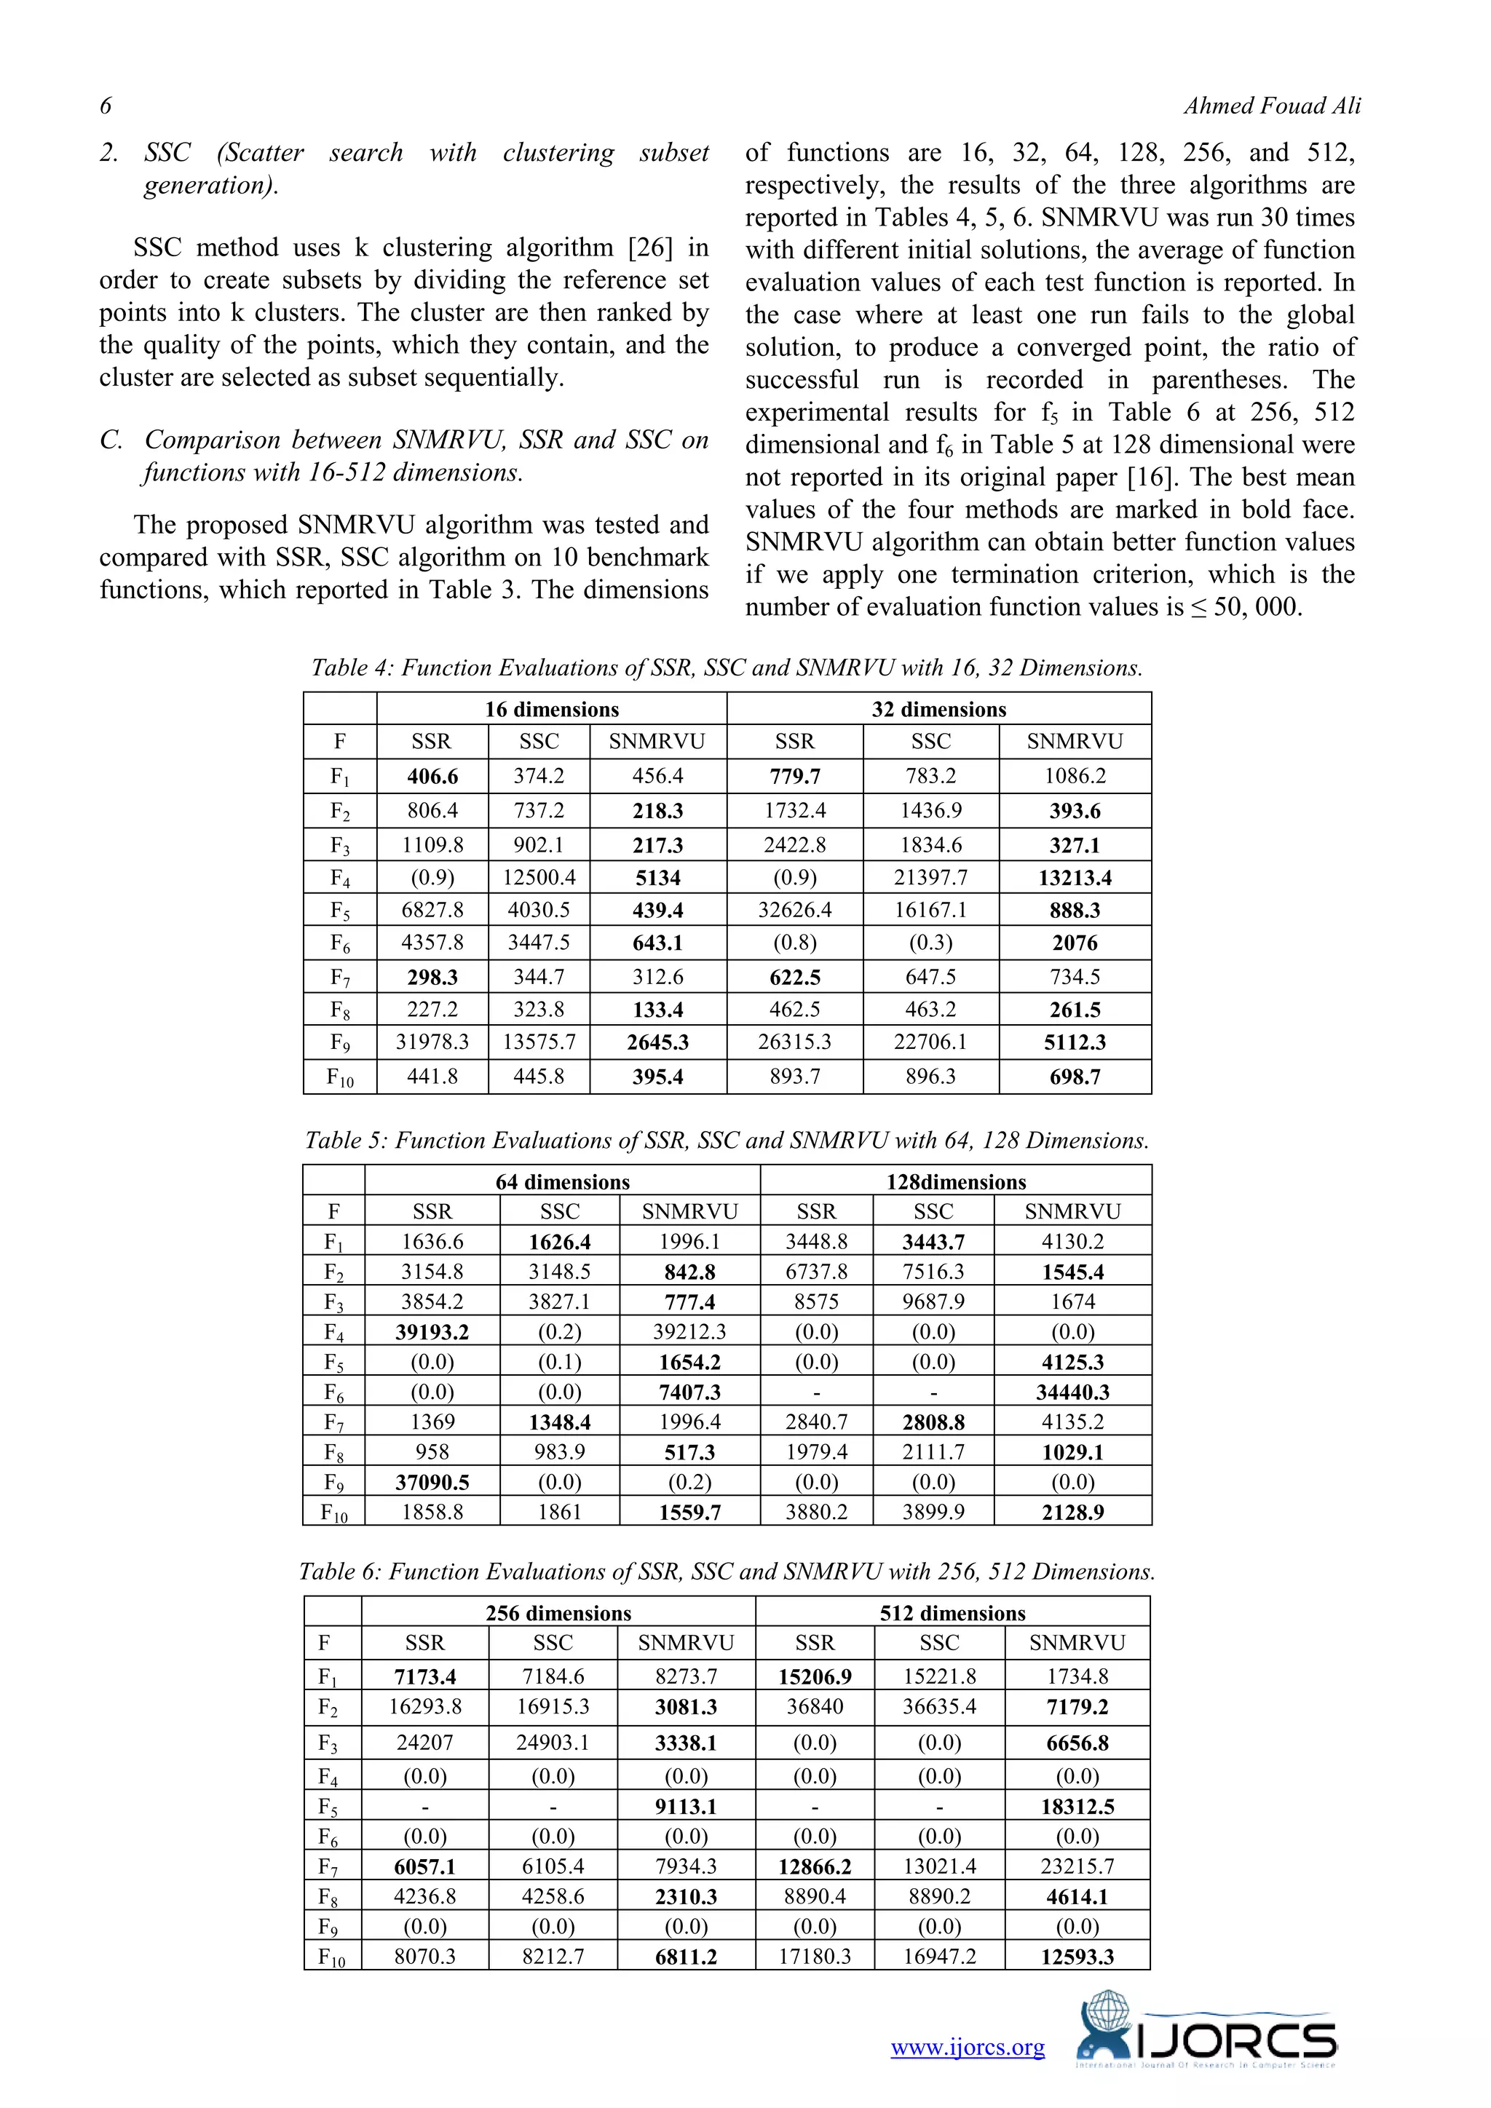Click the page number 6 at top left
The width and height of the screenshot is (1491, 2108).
coord(106,106)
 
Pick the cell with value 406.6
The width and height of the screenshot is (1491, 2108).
coord(432,776)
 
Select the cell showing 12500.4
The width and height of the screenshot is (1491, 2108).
coord(539,878)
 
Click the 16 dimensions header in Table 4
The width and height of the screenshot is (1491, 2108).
coord(552,709)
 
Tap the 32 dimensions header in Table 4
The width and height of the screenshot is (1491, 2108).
coord(938,709)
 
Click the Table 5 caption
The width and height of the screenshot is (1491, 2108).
coord(727,1141)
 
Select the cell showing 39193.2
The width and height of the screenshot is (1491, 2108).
coord(432,1331)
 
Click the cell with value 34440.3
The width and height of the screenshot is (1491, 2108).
coord(1072,1392)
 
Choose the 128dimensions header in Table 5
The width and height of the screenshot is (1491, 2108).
coord(956,1181)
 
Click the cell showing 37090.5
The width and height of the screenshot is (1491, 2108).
coord(432,1482)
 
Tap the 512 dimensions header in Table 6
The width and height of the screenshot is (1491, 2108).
coord(952,1613)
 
